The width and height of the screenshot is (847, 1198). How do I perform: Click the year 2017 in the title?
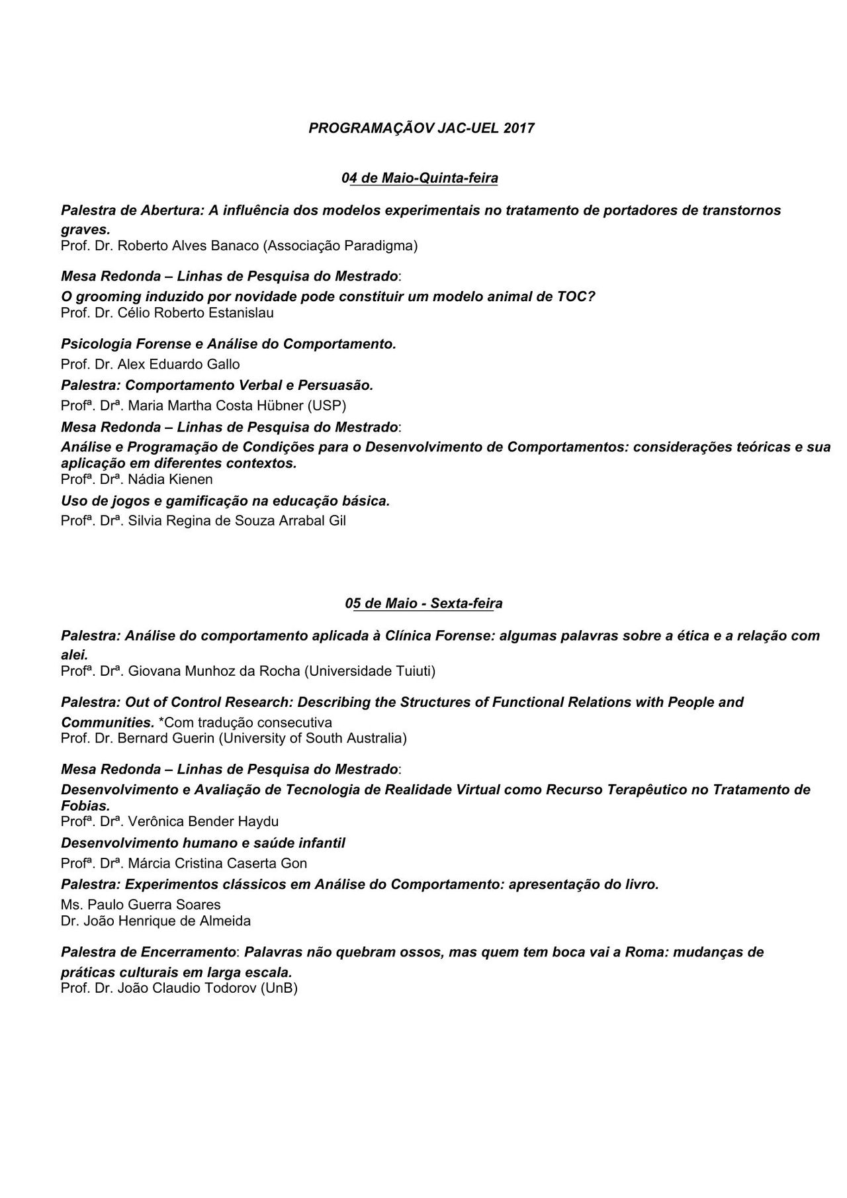click(518, 128)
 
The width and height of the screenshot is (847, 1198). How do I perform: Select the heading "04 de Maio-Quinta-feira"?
click(420, 178)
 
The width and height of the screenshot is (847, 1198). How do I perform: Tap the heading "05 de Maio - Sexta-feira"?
click(423, 604)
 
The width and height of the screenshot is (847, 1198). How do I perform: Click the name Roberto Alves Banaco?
click(189, 246)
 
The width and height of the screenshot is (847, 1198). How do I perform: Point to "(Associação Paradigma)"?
click(341, 246)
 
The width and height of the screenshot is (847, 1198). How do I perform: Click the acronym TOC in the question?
click(573, 297)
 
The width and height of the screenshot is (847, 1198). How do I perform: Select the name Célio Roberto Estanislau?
click(195, 313)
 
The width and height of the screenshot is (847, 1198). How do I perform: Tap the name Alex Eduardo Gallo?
click(179, 365)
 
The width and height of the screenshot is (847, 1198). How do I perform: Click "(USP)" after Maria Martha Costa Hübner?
click(330, 406)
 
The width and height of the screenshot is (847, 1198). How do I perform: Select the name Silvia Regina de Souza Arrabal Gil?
click(237, 521)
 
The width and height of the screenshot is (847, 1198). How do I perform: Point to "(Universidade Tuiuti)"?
click(370, 672)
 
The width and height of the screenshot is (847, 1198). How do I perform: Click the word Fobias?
click(85, 806)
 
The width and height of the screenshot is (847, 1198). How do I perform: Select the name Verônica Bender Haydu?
click(203, 822)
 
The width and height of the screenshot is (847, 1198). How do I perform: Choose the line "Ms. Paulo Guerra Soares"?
click(141, 905)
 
